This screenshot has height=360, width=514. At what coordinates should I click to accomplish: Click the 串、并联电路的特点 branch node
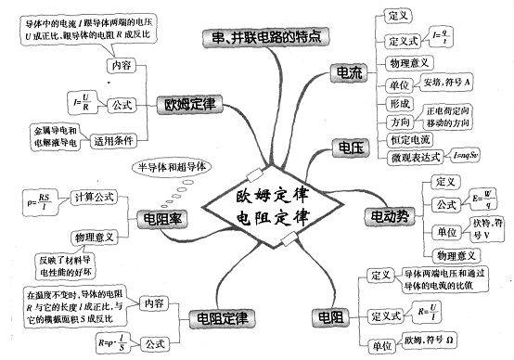point(265,38)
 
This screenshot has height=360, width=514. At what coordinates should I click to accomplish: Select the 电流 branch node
point(350,71)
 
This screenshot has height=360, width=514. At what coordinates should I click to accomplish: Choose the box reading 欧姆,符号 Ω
point(456,345)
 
